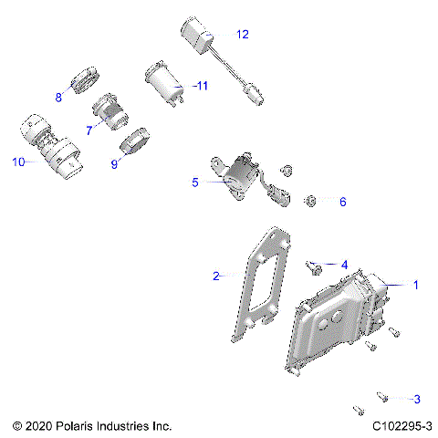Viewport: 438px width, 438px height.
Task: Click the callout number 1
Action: coord(416,286)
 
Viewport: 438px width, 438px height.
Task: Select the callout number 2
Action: coord(216,276)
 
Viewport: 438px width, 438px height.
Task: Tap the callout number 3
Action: coord(416,399)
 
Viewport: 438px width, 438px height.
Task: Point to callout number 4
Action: coord(344,265)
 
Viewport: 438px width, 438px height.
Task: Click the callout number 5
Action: coord(194,182)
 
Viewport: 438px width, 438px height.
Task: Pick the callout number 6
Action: coord(343,202)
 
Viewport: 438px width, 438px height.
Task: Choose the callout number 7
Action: coord(89,130)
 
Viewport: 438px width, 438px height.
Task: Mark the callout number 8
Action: coord(58,97)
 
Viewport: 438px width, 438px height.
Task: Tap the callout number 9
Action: coord(115,165)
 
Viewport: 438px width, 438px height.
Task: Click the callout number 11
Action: coord(202,86)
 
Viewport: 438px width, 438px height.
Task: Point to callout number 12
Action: coord(242,35)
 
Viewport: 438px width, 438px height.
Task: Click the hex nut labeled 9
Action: coord(134,143)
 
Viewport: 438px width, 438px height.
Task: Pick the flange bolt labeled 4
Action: coord(316,267)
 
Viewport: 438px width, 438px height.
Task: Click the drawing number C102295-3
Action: coord(402,426)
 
